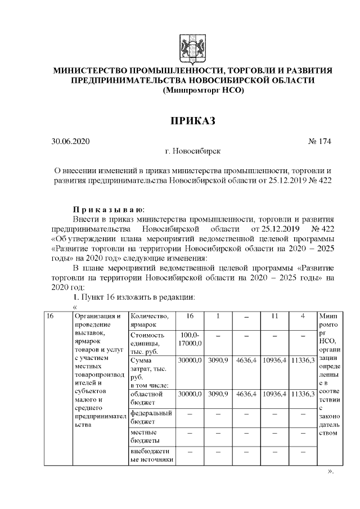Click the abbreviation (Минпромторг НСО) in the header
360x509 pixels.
[192, 91]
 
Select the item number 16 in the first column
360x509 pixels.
[49, 316]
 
